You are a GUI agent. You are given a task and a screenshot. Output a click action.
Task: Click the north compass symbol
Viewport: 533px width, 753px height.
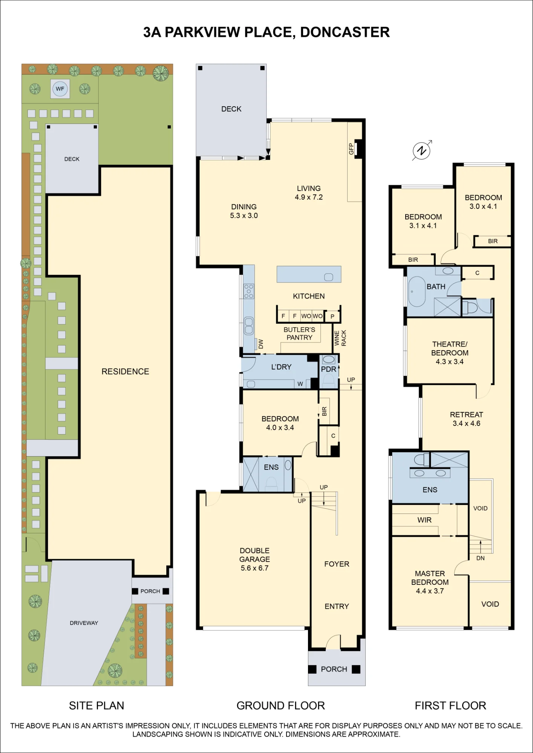tap(422, 151)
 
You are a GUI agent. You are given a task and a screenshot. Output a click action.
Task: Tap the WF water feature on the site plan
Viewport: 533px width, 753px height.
tap(60, 89)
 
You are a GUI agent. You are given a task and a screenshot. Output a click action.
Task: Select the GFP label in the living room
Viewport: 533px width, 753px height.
tap(351, 149)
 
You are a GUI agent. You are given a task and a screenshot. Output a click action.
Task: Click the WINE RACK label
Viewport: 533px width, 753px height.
tap(340, 338)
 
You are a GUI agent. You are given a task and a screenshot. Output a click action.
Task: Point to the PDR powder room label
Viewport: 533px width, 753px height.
tap(328, 369)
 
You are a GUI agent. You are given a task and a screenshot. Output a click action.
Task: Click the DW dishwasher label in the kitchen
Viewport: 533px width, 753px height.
tap(260, 344)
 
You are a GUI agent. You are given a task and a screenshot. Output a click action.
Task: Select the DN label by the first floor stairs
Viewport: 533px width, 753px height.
tap(480, 558)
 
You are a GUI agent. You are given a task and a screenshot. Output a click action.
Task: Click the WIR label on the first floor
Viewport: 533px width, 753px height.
tap(424, 520)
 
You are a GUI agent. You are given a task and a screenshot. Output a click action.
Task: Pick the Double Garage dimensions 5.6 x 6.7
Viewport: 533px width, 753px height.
tap(254, 568)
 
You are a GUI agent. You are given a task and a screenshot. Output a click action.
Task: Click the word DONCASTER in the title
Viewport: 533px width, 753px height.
tap(345, 32)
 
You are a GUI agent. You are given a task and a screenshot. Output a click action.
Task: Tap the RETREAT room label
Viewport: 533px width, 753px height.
tap(466, 415)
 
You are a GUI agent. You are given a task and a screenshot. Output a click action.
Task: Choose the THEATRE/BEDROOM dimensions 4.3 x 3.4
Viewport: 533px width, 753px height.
tap(450, 361)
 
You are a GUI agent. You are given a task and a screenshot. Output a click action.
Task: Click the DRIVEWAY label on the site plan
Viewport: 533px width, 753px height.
tap(84, 623)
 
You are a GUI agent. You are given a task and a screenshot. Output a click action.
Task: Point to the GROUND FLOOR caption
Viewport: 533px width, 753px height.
tap(281, 706)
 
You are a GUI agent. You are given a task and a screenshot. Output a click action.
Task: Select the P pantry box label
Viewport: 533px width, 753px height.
tap(332, 316)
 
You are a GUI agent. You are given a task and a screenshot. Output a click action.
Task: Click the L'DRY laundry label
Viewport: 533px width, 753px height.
tap(281, 367)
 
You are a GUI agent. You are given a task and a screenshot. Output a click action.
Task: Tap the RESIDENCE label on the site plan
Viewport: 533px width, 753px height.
tap(125, 372)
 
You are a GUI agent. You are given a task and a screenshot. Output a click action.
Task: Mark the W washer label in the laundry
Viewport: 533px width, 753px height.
tap(300, 384)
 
